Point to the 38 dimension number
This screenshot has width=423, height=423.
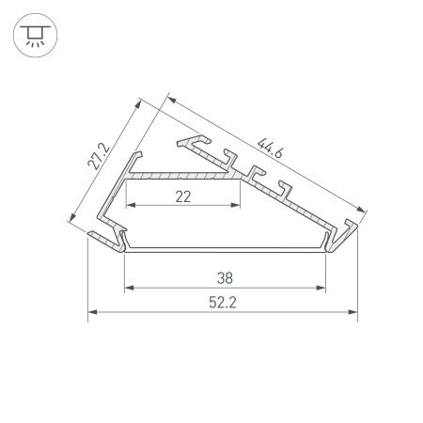[224, 277]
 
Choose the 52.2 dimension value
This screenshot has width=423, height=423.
[224, 303]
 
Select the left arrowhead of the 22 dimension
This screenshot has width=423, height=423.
[129, 205]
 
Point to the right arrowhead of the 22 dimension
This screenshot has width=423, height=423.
[239, 205]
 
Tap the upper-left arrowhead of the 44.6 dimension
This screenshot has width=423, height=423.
[170, 96]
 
